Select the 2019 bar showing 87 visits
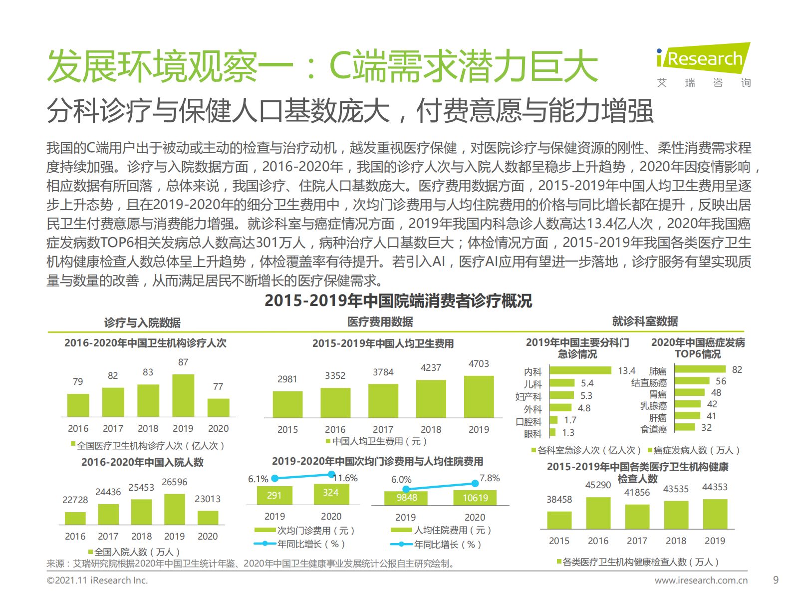(183, 395)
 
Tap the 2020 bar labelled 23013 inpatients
(208, 517)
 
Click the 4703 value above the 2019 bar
(479, 364)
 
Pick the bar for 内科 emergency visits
(580, 370)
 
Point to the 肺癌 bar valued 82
(700, 369)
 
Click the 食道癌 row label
(653, 429)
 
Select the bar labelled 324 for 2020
(331, 493)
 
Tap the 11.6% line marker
(331, 474)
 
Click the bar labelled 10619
(475, 498)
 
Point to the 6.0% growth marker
(406, 489)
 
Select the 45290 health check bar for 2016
(598, 513)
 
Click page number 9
(776, 580)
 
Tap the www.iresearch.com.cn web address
(701, 581)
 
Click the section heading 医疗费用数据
(380, 322)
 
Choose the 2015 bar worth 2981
(287, 404)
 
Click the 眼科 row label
(532, 434)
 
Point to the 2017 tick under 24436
(108, 537)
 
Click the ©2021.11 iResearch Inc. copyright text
(97, 581)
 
